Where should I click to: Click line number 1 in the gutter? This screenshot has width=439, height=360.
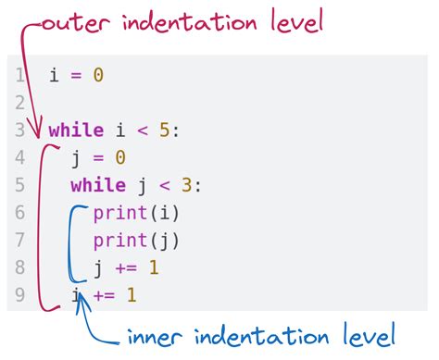pos(19,75)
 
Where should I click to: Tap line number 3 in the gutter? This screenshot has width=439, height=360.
pos(19,130)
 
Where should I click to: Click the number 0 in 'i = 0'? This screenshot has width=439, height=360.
pos(98,75)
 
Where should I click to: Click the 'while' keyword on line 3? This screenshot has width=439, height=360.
pos(76,130)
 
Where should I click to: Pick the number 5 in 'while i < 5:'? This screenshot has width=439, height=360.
pos(165,130)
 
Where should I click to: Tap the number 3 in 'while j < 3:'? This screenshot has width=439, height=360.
pos(187,186)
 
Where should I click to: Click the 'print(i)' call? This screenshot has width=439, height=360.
pos(136,214)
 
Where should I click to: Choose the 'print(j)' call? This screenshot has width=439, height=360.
pos(136,242)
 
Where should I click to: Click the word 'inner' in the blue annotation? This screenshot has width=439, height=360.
pos(154,336)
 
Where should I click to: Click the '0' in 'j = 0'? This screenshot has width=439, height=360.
pos(120,158)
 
